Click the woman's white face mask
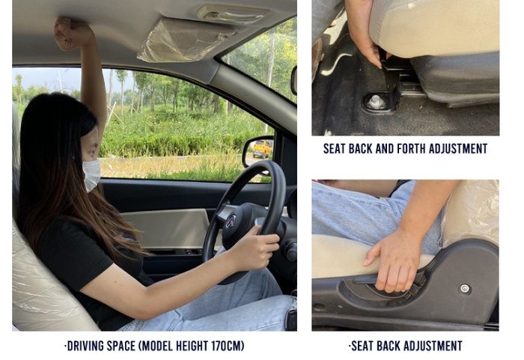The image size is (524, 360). [91, 174]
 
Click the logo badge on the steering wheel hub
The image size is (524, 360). [231, 222]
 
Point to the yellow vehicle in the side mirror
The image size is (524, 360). [262, 149]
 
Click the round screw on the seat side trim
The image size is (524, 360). [464, 288]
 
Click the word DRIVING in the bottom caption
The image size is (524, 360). [86, 346]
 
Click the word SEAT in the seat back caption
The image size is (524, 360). [362, 346]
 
